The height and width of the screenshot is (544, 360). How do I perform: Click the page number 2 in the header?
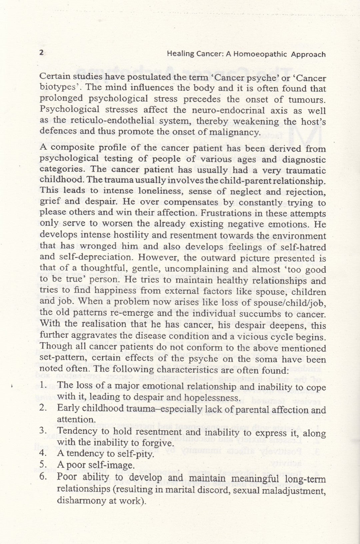tap(42, 52)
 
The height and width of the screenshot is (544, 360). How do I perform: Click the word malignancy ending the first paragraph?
tap(237, 132)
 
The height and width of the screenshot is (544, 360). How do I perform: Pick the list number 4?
tap(42, 453)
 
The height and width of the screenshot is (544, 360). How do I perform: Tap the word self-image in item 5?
tap(115, 465)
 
